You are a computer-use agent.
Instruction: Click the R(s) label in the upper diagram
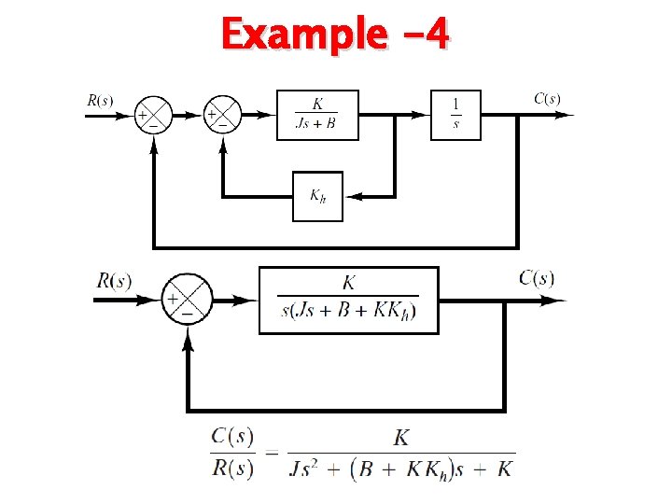pyautogui.click(x=101, y=99)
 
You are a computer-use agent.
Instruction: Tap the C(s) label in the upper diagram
pyautogui.click(x=547, y=98)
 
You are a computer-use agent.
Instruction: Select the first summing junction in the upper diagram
pyautogui.click(x=148, y=116)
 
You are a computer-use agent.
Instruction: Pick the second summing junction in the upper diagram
pyautogui.click(x=222, y=116)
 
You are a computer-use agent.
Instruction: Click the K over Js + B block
pyautogui.click(x=317, y=115)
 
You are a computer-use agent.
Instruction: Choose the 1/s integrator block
pyautogui.click(x=455, y=115)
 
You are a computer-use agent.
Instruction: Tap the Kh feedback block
pyautogui.click(x=317, y=196)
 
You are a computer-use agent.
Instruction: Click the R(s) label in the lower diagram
pyautogui.click(x=114, y=280)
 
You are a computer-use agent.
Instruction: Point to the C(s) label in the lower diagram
pyautogui.click(x=537, y=277)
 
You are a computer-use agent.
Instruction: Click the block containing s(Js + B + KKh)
pyautogui.click(x=348, y=300)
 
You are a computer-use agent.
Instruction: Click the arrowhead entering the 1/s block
pyautogui.click(x=421, y=116)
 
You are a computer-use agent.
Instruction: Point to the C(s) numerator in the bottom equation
pyautogui.click(x=232, y=436)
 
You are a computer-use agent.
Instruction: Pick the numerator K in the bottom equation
pyautogui.click(x=401, y=437)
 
